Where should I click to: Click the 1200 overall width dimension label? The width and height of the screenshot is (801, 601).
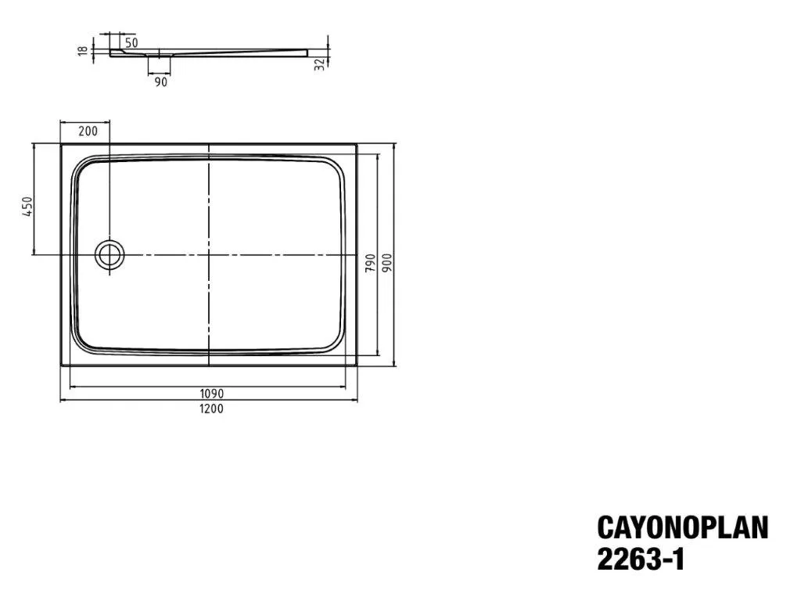[210, 408]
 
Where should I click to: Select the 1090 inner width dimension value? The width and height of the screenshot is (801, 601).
[210, 394]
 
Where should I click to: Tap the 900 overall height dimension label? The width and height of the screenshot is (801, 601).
[386, 263]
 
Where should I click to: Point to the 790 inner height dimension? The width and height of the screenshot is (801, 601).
[370, 263]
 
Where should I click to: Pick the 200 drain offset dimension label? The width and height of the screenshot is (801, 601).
[88, 131]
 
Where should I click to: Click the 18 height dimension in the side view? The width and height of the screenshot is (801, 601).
[81, 51]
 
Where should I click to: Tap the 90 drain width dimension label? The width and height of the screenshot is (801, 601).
[160, 81]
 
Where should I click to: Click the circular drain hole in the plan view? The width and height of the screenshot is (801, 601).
[110, 254]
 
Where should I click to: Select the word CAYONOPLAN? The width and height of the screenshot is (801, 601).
[682, 527]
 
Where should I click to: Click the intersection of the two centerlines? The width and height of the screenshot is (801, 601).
[210, 254]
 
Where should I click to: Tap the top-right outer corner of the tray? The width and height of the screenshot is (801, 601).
[357, 144]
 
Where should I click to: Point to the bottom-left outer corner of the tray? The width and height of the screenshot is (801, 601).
[61, 365]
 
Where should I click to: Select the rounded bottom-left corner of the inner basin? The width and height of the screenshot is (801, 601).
[81, 343]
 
